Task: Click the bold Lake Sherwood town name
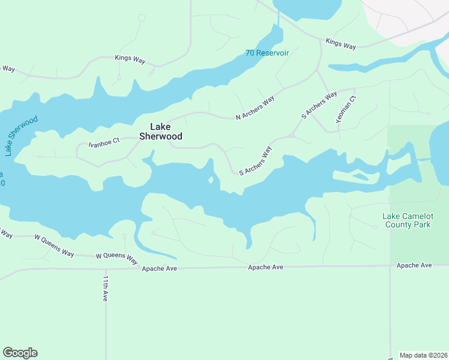point(160,131)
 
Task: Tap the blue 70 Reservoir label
point(267,53)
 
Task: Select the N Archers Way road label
point(255,107)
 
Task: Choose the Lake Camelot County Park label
point(415,220)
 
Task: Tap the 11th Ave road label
point(105,289)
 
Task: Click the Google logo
point(20,353)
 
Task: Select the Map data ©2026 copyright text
point(423,355)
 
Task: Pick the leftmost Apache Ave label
point(159,269)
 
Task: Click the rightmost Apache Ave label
point(414,265)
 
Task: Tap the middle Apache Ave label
point(265,267)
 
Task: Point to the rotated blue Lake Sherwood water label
point(22,136)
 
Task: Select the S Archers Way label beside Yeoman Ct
point(319,105)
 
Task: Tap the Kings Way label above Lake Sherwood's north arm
point(131,58)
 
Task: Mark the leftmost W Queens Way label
point(54,245)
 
